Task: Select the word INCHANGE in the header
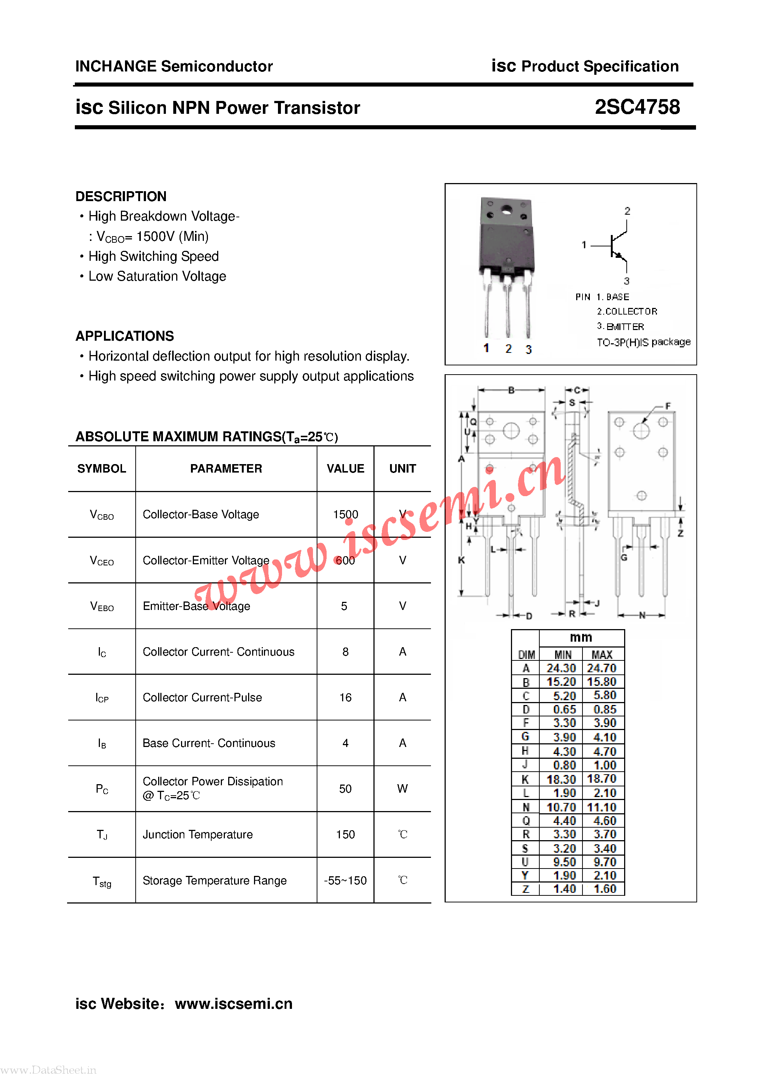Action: pyautogui.click(x=115, y=66)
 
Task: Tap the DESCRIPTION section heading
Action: pyautogui.click(x=121, y=196)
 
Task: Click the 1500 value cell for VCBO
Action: pyautogui.click(x=345, y=514)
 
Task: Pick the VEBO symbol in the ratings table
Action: pyautogui.click(x=102, y=606)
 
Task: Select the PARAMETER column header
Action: pyautogui.click(x=226, y=468)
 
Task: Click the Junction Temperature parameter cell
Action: pyautogui.click(x=198, y=835)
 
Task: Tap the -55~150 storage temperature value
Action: pyautogui.click(x=345, y=880)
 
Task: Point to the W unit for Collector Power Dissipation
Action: pyautogui.click(x=402, y=789)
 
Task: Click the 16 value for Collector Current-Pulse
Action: pyautogui.click(x=345, y=698)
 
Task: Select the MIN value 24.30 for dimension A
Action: pyautogui.click(x=561, y=668)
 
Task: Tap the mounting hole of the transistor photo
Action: pyautogui.click(x=506, y=210)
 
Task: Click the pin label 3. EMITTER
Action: pyautogui.click(x=620, y=326)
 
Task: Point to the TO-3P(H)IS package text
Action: pyautogui.click(x=643, y=342)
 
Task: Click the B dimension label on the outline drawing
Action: pyautogui.click(x=511, y=390)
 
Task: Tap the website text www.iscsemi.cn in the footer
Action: pyautogui.click(x=233, y=1003)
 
